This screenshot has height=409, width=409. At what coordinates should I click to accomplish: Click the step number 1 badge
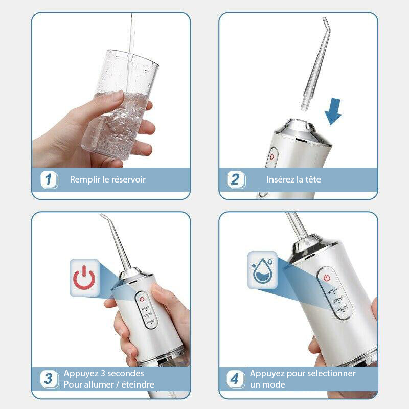tap(50, 179)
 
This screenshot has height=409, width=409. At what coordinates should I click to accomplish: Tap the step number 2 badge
tap(236, 180)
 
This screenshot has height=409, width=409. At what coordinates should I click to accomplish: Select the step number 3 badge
tap(49, 379)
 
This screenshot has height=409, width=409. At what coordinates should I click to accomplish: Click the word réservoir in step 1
tap(129, 180)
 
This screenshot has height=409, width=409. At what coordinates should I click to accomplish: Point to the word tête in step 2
tap(311, 180)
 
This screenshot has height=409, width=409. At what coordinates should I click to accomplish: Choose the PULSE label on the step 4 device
tap(342, 307)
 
